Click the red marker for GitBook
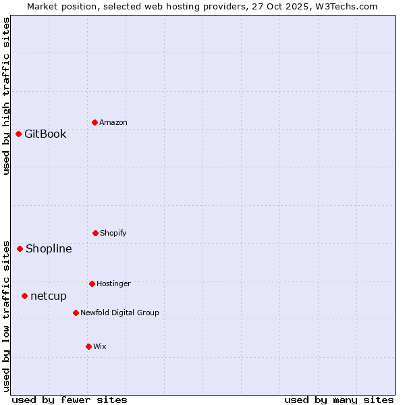click(18, 134)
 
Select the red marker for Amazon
click(94, 122)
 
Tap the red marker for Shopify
click(95, 233)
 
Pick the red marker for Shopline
click(20, 248)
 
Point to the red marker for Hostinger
click(92, 283)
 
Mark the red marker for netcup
click(24, 296)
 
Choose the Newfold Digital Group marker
click(76, 313)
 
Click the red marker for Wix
click(88, 346)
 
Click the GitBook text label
click(45, 134)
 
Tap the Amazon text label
click(113, 122)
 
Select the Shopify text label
click(113, 233)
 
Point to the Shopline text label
click(49, 248)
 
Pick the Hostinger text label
click(113, 283)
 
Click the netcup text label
click(49, 296)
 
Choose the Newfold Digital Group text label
click(119, 313)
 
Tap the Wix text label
click(100, 346)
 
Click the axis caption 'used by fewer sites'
click(70, 400)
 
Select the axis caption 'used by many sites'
click(339, 400)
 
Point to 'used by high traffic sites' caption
click(6, 96)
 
